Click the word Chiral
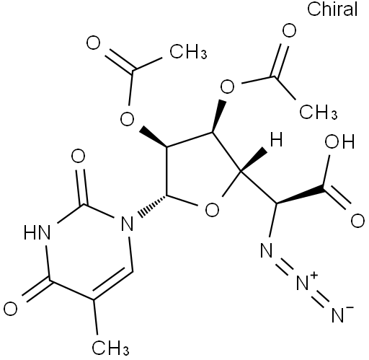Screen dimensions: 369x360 click(x=332, y=9)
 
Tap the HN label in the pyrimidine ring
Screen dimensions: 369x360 click(x=37, y=232)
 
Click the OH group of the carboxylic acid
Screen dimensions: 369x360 click(x=339, y=141)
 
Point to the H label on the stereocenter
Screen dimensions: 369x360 click(x=276, y=139)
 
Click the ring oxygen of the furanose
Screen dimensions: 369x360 click(x=213, y=209)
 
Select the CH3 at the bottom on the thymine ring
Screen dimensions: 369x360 click(x=110, y=347)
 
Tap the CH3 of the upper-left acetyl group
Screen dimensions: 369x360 click(x=188, y=51)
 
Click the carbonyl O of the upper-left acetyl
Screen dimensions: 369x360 click(x=93, y=43)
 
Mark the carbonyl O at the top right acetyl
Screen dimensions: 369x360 click(x=289, y=30)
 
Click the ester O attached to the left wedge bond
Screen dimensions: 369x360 click(x=127, y=119)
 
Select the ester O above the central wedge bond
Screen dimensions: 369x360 click(x=227, y=87)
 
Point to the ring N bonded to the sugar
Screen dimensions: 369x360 click(x=127, y=223)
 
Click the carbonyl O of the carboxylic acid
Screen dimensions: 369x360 click(x=357, y=221)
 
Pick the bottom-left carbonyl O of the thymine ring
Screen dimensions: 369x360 click(x=11, y=309)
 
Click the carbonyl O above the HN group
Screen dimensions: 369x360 click(x=78, y=156)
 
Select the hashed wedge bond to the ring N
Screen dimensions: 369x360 click(x=152, y=205)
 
